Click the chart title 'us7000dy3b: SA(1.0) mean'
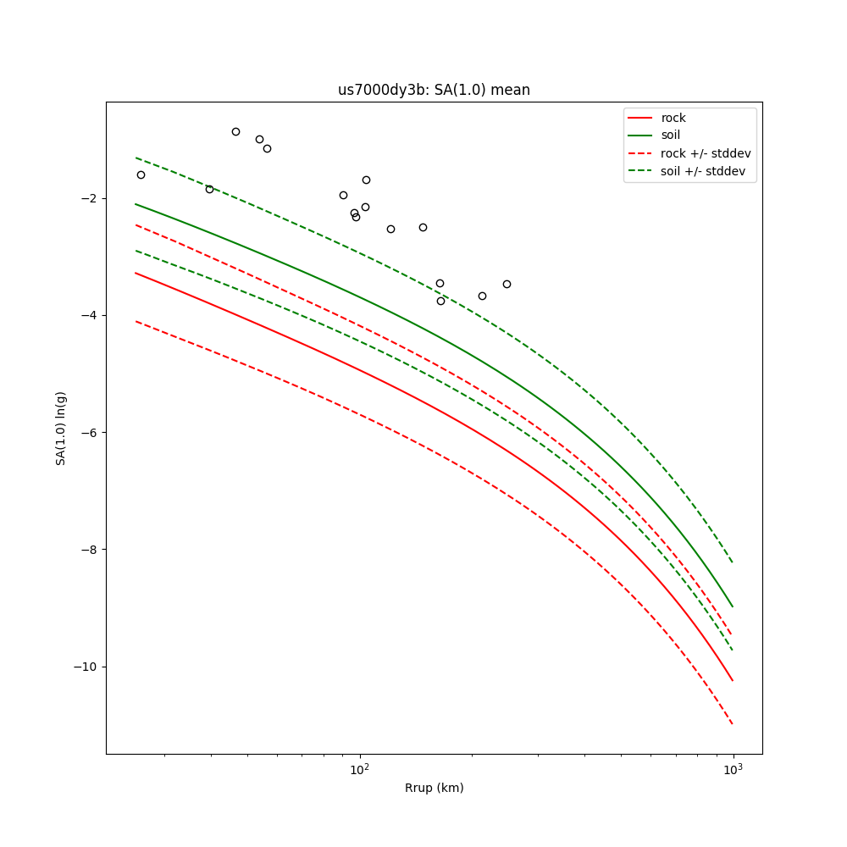[434, 90]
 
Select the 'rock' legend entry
[673, 118]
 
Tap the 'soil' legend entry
[670, 136]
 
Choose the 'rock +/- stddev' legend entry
[706, 153]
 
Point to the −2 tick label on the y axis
[88, 198]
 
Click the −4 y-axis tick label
[88, 315]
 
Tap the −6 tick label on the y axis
[88, 432]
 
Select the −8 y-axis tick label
[88, 550]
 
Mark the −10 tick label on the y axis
[85, 667]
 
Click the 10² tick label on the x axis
[360, 769]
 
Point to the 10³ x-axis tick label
[733, 769]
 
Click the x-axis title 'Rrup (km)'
[434, 788]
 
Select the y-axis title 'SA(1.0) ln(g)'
[61, 428]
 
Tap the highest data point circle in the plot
[235, 131]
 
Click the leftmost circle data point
[141, 174]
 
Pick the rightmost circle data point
[507, 284]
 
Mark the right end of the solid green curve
[733, 606]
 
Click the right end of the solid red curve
[733, 680]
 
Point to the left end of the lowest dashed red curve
[136, 321]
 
